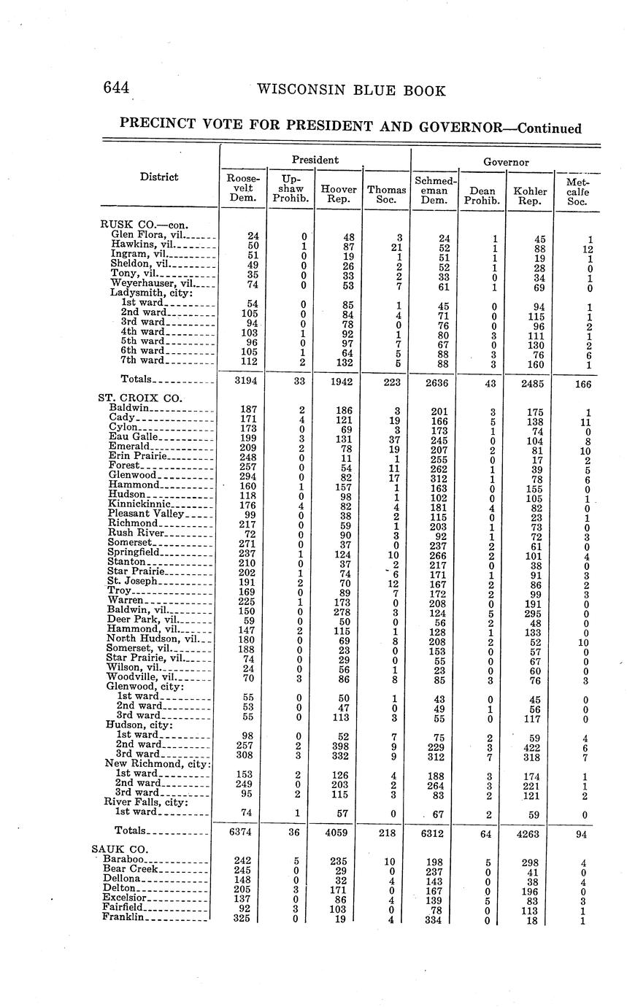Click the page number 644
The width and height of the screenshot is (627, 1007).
point(116,88)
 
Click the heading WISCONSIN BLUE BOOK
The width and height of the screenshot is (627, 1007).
point(351,90)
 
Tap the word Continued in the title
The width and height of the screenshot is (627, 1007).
point(549,128)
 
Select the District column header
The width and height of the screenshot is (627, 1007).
point(160,177)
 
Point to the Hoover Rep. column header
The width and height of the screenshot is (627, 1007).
point(339,194)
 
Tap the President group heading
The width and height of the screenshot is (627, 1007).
point(315,160)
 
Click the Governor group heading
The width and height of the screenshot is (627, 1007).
point(505,162)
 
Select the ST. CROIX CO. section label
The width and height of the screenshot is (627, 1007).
point(139,398)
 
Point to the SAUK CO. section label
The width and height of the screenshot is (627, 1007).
point(120,849)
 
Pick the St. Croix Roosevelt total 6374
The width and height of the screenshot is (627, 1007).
point(242,832)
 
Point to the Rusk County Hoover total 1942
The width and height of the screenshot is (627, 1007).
point(339,379)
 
